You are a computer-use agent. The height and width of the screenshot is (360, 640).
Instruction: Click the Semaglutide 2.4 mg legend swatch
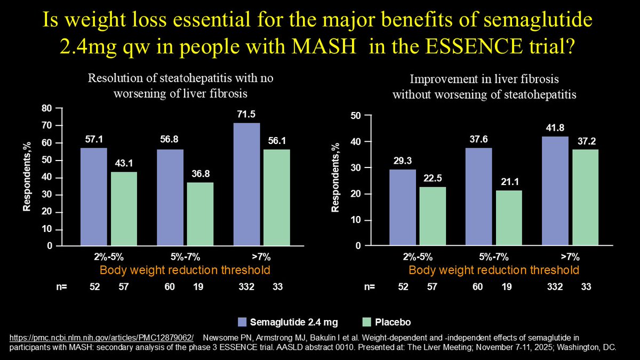coord(242,322)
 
